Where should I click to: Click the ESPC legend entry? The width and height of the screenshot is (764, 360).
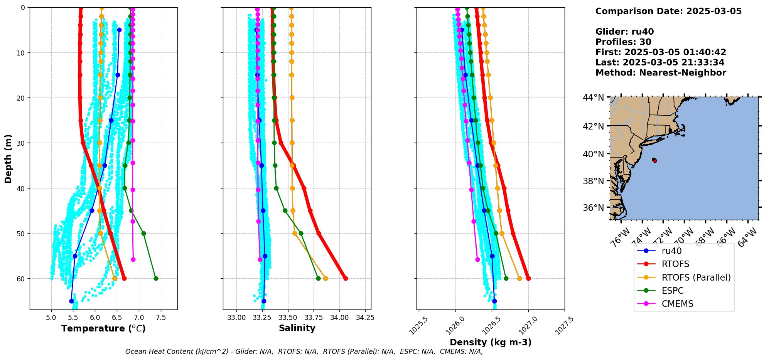(x=672, y=291)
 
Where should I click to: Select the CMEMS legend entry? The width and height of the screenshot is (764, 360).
(x=677, y=304)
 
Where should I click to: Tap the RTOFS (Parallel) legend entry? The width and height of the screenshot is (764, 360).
(x=696, y=278)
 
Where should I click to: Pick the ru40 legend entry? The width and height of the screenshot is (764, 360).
(x=671, y=251)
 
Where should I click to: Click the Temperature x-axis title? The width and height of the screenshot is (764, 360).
(x=103, y=328)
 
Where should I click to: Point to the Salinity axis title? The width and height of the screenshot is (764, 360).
(x=297, y=328)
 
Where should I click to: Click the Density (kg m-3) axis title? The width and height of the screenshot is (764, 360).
(x=491, y=342)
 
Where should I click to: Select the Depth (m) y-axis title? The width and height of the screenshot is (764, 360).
(x=8, y=158)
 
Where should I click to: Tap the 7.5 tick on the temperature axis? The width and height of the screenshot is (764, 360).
(x=161, y=318)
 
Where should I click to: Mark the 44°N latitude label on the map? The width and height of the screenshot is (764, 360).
(x=593, y=98)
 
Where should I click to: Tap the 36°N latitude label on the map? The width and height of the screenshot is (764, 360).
(x=593, y=208)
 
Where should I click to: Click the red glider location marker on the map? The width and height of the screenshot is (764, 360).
(x=654, y=160)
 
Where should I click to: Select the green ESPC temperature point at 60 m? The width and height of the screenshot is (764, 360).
(x=156, y=278)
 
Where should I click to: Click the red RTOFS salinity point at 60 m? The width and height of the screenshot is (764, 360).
(x=346, y=278)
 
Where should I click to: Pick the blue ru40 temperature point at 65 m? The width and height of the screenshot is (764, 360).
(x=71, y=301)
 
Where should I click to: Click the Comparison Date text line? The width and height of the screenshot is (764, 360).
(x=668, y=11)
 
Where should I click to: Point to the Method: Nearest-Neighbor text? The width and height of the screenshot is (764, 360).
(x=661, y=73)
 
